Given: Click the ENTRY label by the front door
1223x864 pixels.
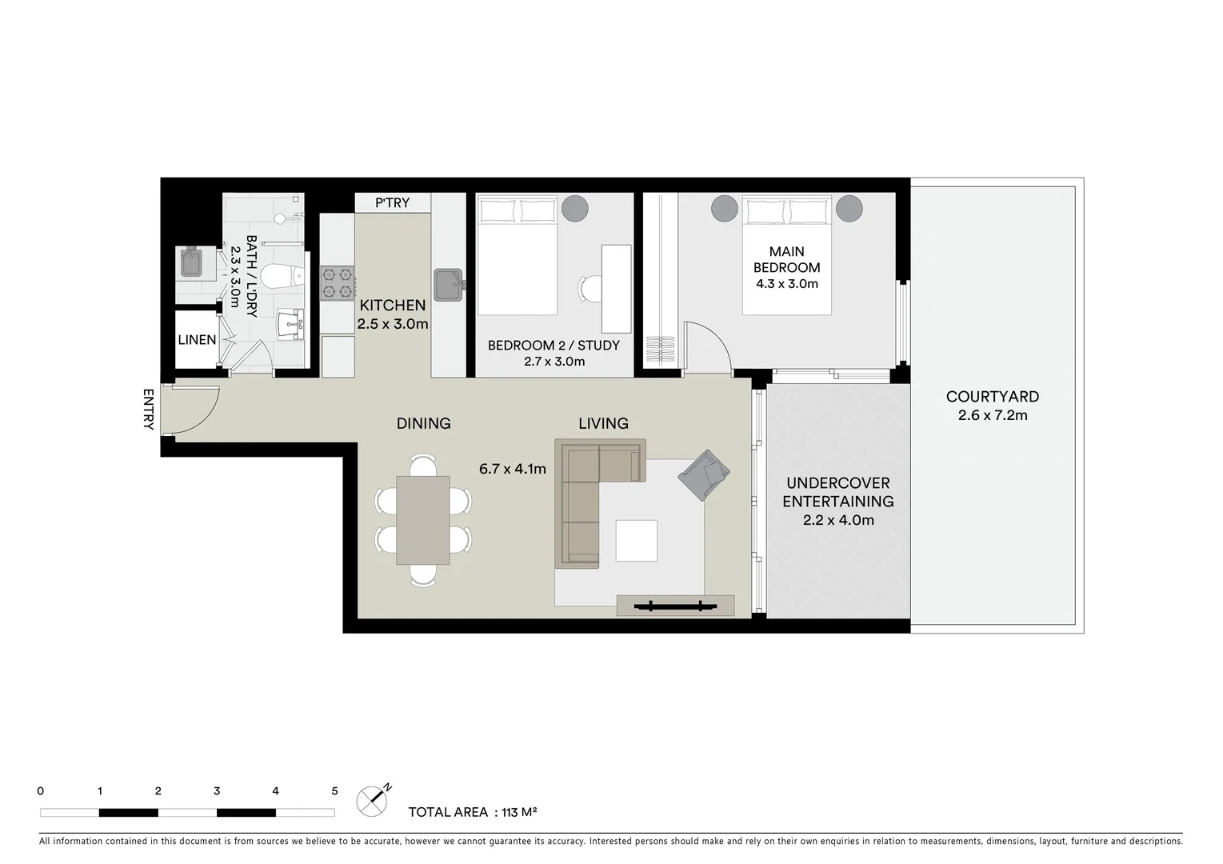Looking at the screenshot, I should [148, 410].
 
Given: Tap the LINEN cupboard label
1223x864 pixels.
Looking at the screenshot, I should [197, 340].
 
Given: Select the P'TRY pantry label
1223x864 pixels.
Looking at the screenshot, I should [392, 203].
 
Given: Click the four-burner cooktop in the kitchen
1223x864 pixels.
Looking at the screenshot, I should [337, 282].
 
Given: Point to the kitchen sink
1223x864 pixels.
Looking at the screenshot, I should [448, 282].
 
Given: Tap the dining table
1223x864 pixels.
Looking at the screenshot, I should [423, 520].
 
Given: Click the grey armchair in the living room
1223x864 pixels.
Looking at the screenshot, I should [703, 474].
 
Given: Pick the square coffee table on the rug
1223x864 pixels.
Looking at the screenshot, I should [637, 540].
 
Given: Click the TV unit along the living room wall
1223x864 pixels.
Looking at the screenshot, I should [675, 606].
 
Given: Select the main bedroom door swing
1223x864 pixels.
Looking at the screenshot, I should [706, 344].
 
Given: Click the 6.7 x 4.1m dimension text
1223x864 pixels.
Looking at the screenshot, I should [512, 469].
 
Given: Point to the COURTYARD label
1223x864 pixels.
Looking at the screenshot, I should [992, 397].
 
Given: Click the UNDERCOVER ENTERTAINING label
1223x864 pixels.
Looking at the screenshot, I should [837, 492].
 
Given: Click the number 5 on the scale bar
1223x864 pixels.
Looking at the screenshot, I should [334, 791].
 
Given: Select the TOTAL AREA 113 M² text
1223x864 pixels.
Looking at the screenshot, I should [472, 812].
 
